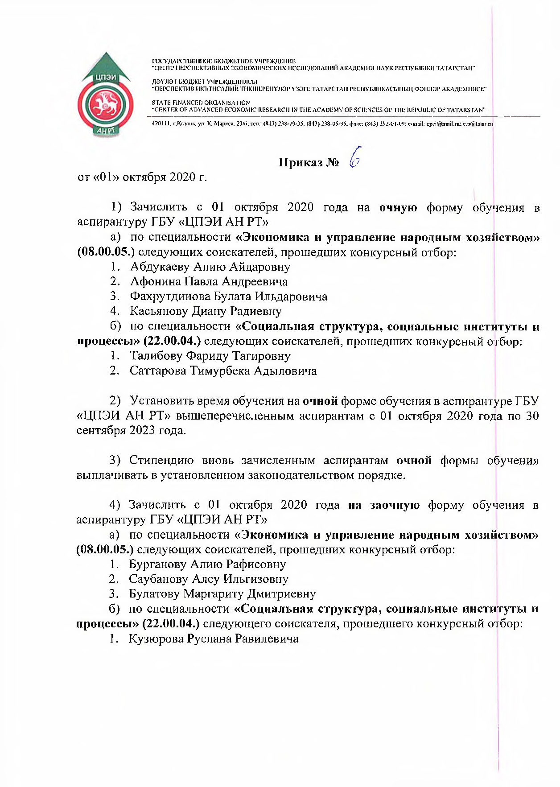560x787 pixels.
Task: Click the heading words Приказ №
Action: click(x=309, y=162)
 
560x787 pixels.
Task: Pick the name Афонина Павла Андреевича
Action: click(x=209, y=281)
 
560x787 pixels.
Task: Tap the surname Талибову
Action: click(x=156, y=356)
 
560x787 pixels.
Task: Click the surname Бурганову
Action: click(x=157, y=564)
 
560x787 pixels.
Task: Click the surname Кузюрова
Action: click(x=156, y=639)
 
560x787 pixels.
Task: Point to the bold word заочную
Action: click(x=395, y=505)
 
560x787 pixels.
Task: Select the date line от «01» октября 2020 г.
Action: click(x=142, y=177)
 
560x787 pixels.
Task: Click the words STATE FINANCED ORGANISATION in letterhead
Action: click(x=201, y=103)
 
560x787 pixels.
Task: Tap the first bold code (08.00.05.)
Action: click(x=106, y=252)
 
